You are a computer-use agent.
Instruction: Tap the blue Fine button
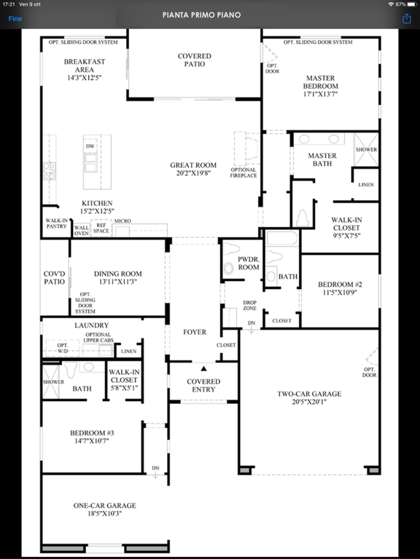pos(15,18)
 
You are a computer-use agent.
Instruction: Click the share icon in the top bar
pos(407,18)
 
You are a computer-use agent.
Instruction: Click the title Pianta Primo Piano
pos(201,15)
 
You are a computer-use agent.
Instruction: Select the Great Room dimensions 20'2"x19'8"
pos(193,173)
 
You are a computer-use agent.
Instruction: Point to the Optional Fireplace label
pos(244,173)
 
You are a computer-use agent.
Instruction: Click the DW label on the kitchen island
pos(90,146)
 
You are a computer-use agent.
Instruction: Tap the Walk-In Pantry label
pos(56,223)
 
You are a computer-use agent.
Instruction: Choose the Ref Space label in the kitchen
pos(101,228)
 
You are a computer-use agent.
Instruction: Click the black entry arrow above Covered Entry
pos(203,368)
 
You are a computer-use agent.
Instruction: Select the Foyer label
pos(195,332)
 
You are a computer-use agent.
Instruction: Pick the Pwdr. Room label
pos(249,263)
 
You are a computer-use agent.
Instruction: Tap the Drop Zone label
pos(249,305)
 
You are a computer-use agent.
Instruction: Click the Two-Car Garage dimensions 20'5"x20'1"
pos(309,402)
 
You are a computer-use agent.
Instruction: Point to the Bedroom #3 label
pos(92,433)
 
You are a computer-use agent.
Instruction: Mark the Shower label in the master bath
pos(366,150)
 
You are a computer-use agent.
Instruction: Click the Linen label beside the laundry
pos(128,351)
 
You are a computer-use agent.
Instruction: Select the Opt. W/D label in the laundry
pos(63,349)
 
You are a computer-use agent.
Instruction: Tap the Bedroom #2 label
pos(340,285)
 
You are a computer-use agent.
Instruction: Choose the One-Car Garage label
pos(105,506)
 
